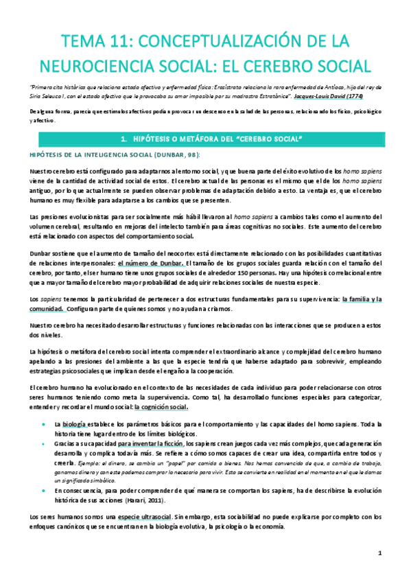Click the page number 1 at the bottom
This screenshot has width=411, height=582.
point(379,553)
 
